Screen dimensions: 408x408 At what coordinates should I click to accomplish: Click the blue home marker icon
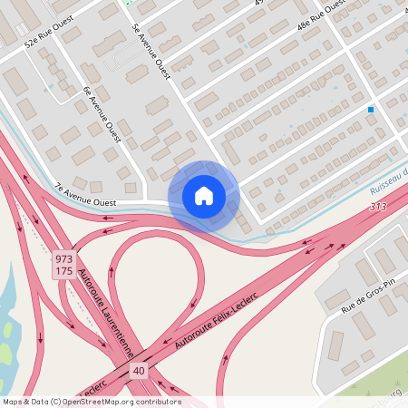(204, 195)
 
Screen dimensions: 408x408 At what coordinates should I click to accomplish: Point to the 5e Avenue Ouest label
(151, 51)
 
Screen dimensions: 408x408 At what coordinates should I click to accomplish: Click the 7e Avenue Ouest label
(84, 195)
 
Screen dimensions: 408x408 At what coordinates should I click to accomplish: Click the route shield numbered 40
(138, 371)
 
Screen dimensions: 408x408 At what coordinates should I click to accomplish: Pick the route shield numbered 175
(63, 272)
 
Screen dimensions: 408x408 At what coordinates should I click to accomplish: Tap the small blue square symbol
(371, 110)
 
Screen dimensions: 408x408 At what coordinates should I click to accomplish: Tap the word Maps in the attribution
(13, 402)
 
